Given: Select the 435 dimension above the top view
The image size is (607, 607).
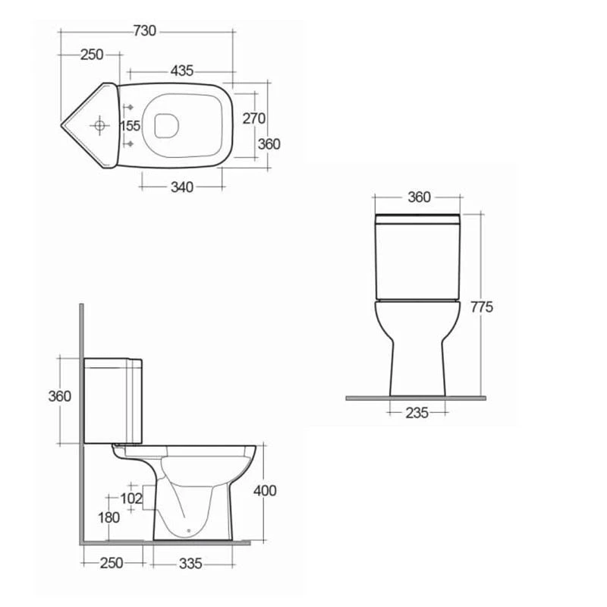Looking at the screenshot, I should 181,71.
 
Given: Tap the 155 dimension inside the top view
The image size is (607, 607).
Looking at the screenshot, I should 131,125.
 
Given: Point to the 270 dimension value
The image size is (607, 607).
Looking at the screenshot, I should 253,118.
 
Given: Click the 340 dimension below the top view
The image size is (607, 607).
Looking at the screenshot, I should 181,187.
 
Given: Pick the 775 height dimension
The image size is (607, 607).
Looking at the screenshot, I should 482,307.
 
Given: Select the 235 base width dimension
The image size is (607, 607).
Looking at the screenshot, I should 417,413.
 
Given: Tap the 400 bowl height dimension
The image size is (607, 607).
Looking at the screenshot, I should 265,490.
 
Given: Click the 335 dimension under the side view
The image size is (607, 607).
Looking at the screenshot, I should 190,564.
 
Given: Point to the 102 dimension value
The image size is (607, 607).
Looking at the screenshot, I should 132,498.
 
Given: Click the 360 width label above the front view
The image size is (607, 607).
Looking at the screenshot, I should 419,197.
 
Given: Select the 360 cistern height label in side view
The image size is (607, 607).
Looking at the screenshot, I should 59,396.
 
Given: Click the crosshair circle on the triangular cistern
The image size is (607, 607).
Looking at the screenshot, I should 99,124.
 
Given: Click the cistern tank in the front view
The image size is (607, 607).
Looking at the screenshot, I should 418,258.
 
